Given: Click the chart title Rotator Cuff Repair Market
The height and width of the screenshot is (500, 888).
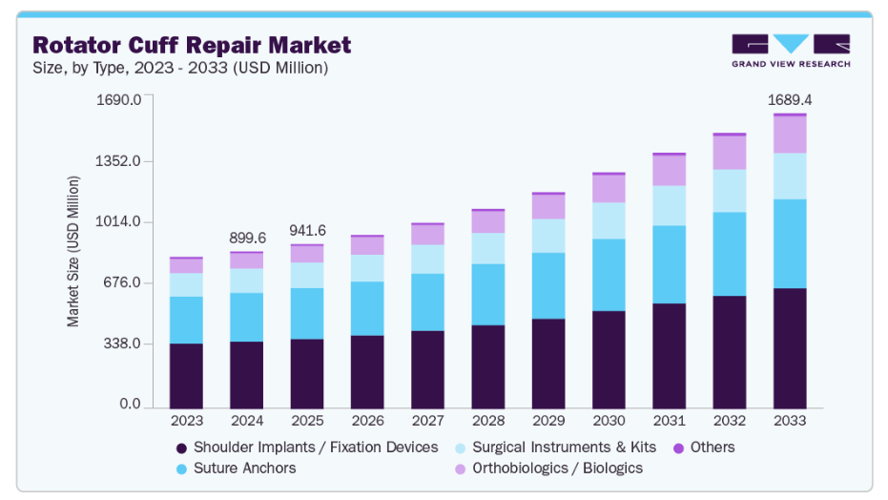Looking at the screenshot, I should point(192,45).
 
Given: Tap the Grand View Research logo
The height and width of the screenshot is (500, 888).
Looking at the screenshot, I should point(791,51).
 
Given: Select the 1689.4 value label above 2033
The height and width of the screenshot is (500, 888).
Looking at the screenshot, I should point(790,99).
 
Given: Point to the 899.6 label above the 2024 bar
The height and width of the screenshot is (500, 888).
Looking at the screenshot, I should point(247,238).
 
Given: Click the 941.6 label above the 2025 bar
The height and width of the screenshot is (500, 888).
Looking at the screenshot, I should point(307,230).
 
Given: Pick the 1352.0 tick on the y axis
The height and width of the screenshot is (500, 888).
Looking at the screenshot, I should point(121,161).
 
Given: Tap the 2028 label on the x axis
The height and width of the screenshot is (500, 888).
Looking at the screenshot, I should point(488,420).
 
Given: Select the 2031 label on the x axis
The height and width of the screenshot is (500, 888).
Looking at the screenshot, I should point(669,420).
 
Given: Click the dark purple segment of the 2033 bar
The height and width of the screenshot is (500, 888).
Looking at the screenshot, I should point(790,348).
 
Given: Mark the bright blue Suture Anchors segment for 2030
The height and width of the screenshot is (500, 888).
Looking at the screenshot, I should point(609,275).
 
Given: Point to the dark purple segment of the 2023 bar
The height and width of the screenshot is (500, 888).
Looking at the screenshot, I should point(187,376).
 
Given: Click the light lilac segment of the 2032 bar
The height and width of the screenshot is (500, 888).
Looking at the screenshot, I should point(730,153).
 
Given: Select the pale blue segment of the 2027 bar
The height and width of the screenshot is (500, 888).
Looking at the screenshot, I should point(428,260).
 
